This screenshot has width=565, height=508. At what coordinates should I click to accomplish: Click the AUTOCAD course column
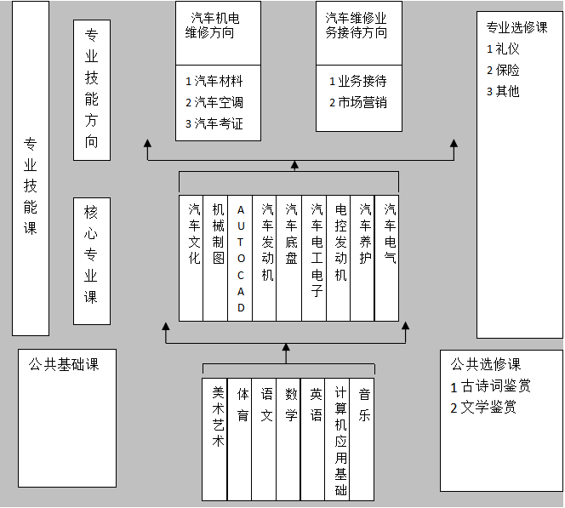[x=241, y=258]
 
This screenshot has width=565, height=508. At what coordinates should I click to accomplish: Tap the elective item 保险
[x=507, y=70]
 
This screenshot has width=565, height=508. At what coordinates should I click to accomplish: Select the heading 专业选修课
[x=516, y=27]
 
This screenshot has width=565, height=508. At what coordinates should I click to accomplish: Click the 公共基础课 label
[x=64, y=364]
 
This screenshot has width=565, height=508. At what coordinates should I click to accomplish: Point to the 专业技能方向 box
[x=92, y=88]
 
